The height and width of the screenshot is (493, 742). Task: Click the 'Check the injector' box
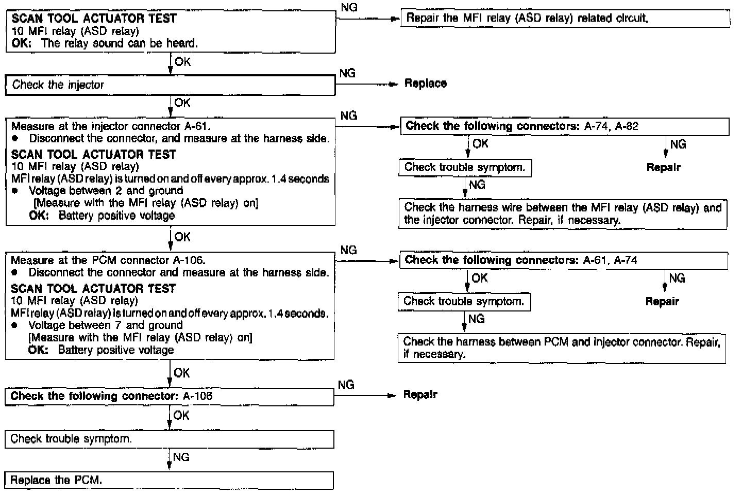170,85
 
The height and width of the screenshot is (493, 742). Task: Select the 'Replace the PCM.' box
169,480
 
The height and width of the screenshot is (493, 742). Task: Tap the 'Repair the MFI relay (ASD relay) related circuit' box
565,19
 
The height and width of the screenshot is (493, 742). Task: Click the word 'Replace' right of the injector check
426,84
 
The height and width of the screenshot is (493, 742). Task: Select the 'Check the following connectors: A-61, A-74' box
563,260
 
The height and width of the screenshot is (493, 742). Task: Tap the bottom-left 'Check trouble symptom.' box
169,439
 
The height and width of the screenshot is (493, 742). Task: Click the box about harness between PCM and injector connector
562,348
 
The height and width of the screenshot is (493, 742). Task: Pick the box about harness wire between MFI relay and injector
563,214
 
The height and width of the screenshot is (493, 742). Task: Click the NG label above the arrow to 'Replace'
347,73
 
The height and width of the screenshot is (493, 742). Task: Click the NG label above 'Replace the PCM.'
181,457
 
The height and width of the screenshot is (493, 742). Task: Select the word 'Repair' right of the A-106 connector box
420,395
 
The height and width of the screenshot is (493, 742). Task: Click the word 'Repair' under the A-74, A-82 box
664,168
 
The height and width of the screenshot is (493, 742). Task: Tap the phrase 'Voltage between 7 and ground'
106,325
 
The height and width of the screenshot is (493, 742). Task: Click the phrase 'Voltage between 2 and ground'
106,191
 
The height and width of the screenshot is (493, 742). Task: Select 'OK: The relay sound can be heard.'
105,43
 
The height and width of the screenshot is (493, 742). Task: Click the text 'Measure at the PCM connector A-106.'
108,260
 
